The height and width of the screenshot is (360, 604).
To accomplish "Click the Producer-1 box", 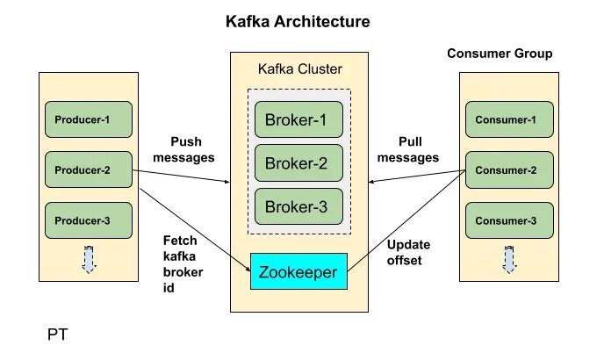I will click(x=88, y=119).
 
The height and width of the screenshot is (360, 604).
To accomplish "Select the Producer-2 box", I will click(x=88, y=169).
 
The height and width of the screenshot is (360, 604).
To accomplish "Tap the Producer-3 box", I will click(x=88, y=220).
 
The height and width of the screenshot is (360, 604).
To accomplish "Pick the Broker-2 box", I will click(x=299, y=162).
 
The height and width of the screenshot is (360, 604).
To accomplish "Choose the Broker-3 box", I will click(x=299, y=206).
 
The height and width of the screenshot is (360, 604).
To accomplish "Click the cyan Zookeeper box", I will click(x=299, y=272).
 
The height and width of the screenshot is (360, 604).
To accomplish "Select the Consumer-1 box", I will click(x=508, y=119).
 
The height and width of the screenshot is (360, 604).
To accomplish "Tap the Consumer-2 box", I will click(x=508, y=169).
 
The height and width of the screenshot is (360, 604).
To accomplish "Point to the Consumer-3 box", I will click(x=508, y=220).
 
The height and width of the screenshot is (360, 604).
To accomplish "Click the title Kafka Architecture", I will click(x=298, y=20).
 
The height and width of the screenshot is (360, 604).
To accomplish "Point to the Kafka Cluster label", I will click(x=298, y=68).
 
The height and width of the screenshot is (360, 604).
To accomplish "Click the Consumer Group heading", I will click(x=500, y=54).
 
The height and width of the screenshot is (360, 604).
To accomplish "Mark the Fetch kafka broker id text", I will click(x=183, y=263).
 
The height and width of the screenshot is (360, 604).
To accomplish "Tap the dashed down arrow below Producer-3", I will click(x=88, y=261).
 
